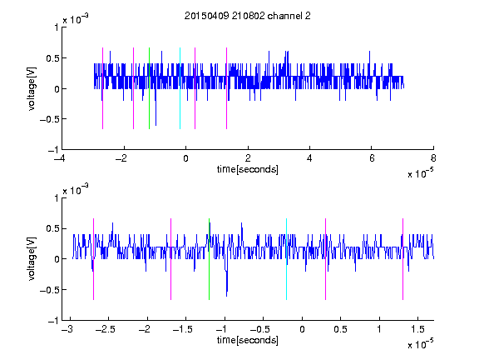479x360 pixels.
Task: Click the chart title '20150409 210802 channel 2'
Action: point(248,16)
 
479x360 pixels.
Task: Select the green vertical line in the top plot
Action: point(149,88)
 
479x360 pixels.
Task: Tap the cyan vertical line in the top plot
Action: point(180,88)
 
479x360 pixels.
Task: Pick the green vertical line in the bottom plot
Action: point(209,259)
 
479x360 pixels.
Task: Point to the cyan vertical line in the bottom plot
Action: point(286,259)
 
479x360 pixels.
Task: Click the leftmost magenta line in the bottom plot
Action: point(93,259)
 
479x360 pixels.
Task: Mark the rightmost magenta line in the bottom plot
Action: point(403,259)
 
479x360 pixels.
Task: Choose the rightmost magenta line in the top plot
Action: point(226,88)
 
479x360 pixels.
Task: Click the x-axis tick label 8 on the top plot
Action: point(433,158)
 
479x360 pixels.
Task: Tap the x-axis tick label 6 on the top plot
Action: point(372,158)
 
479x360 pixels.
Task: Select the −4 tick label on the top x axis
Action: point(60,158)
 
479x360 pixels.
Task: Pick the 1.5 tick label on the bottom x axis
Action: point(417,329)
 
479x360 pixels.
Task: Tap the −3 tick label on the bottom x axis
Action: point(67,329)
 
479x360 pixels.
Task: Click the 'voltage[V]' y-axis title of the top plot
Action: point(32,89)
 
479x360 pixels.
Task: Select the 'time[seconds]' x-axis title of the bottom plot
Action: point(248,340)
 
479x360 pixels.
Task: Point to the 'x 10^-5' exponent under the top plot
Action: point(420,173)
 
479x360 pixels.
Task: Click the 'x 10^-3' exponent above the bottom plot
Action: point(76,189)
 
